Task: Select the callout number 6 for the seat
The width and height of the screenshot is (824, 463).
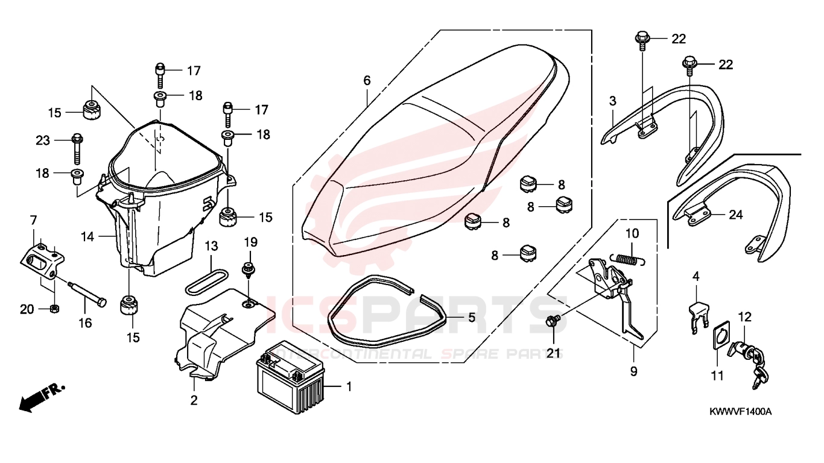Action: pos(367,81)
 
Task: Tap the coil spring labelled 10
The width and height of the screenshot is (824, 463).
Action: pos(630,259)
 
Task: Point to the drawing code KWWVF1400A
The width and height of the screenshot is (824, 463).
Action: pos(740,412)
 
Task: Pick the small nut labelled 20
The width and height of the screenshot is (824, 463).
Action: pos(54,309)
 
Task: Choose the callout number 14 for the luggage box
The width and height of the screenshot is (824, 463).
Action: pos(88,237)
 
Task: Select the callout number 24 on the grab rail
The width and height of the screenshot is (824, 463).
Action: pos(735,214)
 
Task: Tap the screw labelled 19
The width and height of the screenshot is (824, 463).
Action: pos(247,269)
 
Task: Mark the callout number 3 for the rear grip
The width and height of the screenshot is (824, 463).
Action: pos(612,101)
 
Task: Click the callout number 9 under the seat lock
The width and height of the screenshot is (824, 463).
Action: pos(633,371)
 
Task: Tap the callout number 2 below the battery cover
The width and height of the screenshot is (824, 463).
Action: pos(194,400)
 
